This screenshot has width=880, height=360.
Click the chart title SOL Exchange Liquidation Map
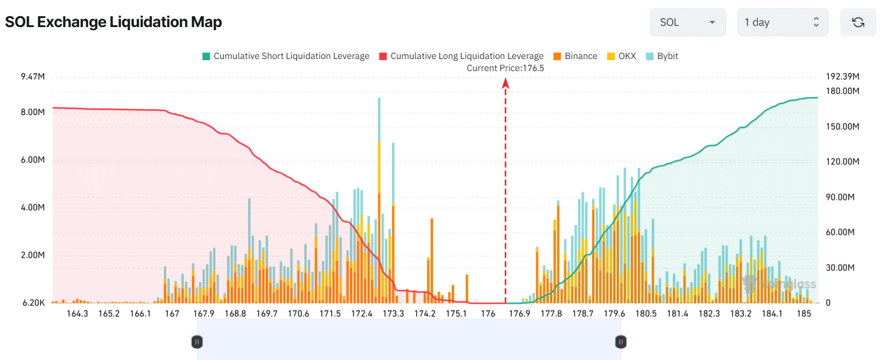(113, 22)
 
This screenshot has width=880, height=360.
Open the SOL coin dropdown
(687, 22)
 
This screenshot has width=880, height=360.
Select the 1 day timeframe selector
(782, 22)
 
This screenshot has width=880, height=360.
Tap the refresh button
(858, 22)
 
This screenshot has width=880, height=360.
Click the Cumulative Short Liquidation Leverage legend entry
(286, 56)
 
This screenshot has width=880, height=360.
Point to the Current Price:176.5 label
(505, 68)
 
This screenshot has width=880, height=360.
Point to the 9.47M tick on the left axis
(33, 77)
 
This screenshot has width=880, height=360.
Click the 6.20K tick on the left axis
(33, 303)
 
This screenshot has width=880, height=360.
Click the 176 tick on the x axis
(488, 314)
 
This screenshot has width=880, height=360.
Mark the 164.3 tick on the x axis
(77, 314)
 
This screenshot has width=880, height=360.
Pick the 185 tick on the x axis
(804, 314)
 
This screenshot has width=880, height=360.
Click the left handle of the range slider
(197, 342)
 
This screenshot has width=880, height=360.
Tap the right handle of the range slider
(621, 342)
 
